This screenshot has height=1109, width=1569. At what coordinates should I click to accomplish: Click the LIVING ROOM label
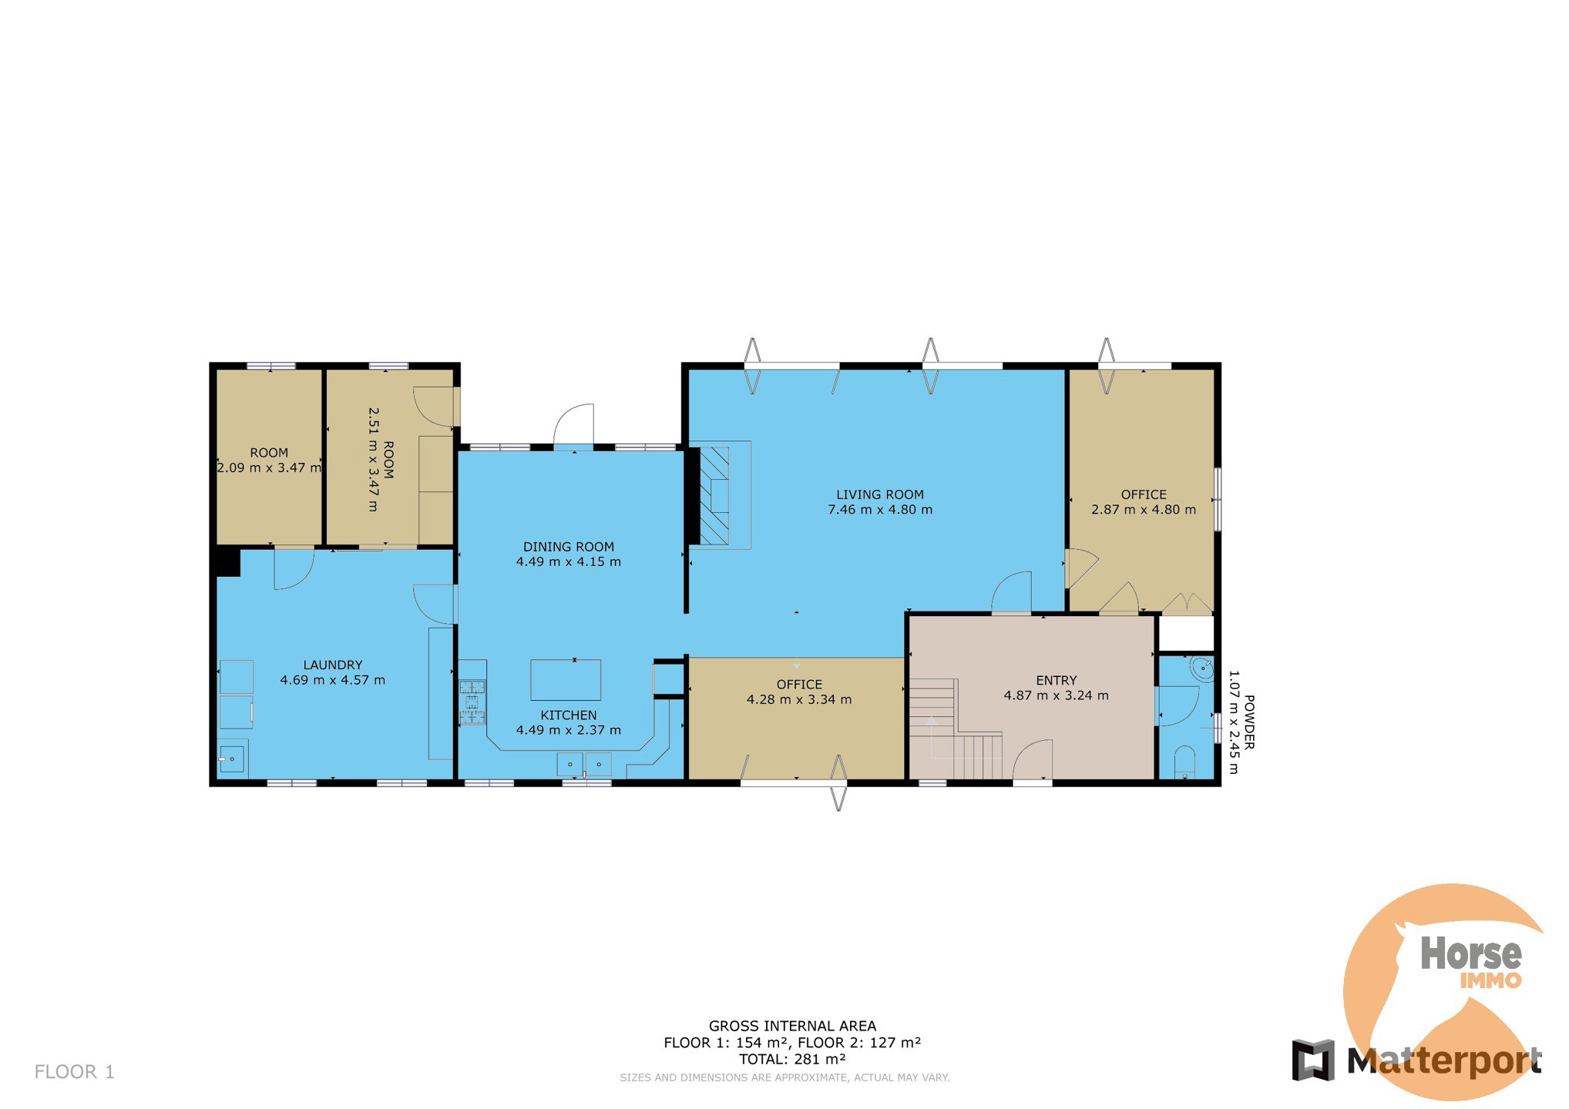pyautogui.click(x=880, y=494)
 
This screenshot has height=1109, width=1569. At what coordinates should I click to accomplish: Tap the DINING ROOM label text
pyautogui.click(x=569, y=547)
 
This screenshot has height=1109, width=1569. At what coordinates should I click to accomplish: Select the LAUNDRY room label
pyautogui.click(x=333, y=665)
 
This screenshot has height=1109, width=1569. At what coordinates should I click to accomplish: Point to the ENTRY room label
pyautogui.click(x=1057, y=680)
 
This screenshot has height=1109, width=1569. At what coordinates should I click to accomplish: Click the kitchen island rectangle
pyautogui.click(x=566, y=680)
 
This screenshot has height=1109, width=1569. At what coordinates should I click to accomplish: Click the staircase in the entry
pyautogui.click(x=956, y=729)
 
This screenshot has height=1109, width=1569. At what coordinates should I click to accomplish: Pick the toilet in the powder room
pyautogui.click(x=1184, y=762)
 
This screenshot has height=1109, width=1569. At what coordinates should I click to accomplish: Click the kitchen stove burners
pyautogui.click(x=472, y=702)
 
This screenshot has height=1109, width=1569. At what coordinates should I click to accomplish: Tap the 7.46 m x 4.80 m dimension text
pyautogui.click(x=880, y=510)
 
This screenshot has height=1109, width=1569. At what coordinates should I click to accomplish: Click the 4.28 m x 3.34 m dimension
pyautogui.click(x=799, y=700)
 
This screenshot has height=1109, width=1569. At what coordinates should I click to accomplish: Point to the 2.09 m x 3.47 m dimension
pyautogui.click(x=269, y=467)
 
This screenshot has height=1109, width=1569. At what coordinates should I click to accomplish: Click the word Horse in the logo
pyautogui.click(x=1471, y=954)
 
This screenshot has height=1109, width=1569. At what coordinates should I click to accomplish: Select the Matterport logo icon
pyautogui.click(x=1313, y=1060)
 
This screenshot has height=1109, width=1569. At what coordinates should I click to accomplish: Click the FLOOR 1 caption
pyautogui.click(x=75, y=1072)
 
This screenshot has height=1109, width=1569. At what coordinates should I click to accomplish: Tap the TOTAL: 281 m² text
pyautogui.click(x=792, y=1059)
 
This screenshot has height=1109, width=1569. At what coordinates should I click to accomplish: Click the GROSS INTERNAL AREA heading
pyautogui.click(x=792, y=1026)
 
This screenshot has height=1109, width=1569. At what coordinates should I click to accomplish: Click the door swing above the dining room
pyautogui.click(x=575, y=424)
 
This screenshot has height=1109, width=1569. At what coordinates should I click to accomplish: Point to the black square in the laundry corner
pyautogui.click(x=228, y=561)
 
